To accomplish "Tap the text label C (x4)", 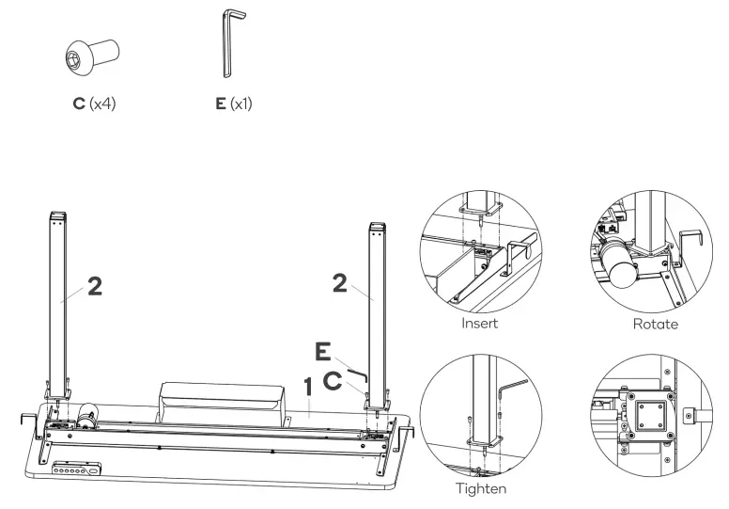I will coord(94,102).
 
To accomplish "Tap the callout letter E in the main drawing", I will coord(324,353).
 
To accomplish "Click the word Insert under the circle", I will coord(481,323).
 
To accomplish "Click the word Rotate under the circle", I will coord(657,323).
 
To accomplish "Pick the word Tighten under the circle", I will coord(481,490).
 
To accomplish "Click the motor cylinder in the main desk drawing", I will coord(89,415).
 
